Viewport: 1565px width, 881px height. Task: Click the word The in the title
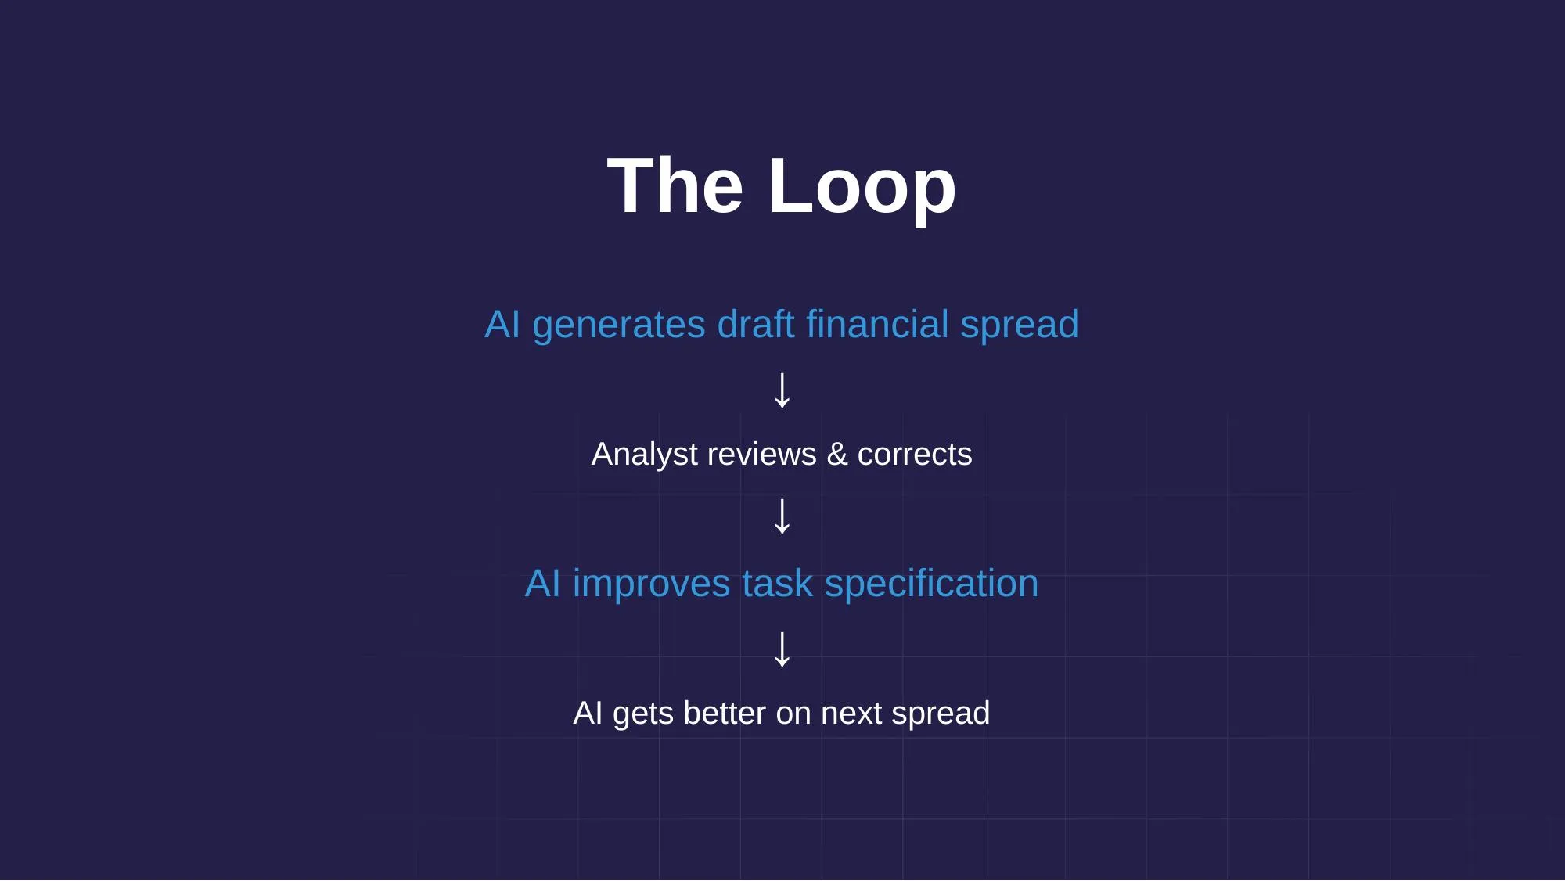(675, 186)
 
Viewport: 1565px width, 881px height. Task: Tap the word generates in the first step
(618, 325)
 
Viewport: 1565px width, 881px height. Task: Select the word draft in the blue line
(755, 324)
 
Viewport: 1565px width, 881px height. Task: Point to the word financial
(877, 324)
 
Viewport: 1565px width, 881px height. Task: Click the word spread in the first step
(1019, 325)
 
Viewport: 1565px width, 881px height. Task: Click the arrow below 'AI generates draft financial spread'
(782, 390)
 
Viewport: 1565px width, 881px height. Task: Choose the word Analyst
(644, 455)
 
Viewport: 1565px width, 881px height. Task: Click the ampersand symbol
(836, 455)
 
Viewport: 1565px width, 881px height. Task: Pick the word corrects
(914, 455)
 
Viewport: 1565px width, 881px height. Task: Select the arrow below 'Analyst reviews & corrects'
(782, 516)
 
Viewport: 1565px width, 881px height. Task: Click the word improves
(651, 584)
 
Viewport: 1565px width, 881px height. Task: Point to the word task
(777, 584)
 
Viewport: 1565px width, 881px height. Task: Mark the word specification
(931, 584)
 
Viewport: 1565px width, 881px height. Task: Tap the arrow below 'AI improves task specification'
(782, 649)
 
